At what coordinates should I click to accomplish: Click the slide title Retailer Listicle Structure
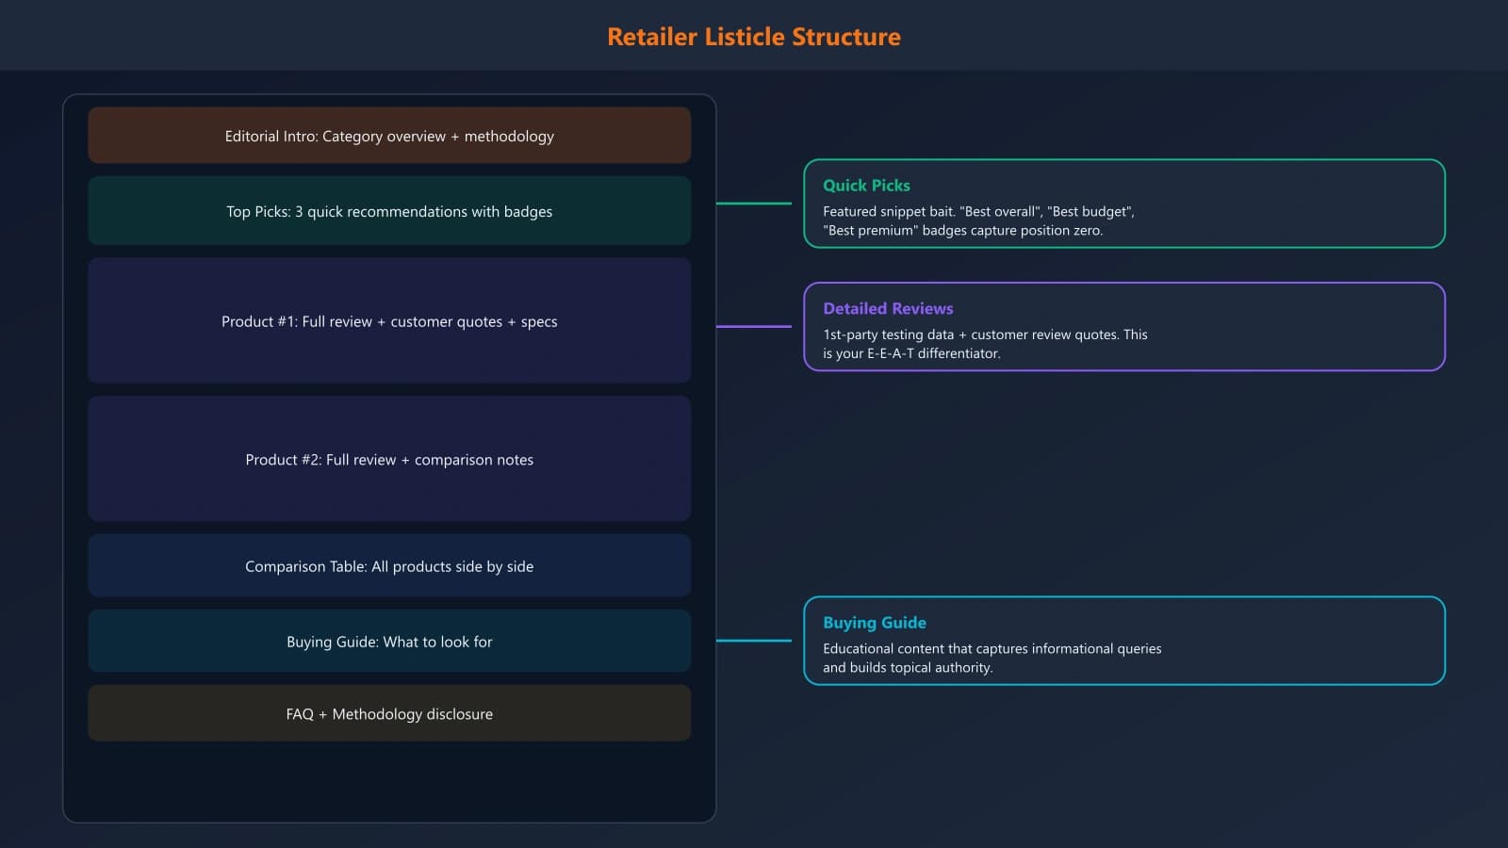753,37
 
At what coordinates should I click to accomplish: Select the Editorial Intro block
389,136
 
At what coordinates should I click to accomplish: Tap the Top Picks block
389,211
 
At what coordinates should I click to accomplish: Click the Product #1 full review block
389,321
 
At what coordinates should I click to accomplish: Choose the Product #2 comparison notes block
389,460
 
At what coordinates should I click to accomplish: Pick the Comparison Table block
389,566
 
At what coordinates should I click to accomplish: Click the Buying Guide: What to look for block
389,642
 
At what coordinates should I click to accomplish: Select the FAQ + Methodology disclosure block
389,714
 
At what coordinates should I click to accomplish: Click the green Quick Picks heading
866,186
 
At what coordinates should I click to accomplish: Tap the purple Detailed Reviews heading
888,308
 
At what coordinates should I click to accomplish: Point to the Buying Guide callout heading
874,623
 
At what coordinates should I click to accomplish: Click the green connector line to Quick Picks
754,204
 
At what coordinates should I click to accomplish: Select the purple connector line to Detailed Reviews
754,327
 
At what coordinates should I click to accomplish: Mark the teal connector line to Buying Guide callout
754,641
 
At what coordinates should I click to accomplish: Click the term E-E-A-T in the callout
890,353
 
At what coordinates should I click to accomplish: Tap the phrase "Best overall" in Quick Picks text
1000,212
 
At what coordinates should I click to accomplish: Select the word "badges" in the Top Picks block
528,212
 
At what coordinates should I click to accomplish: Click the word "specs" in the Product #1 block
539,322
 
